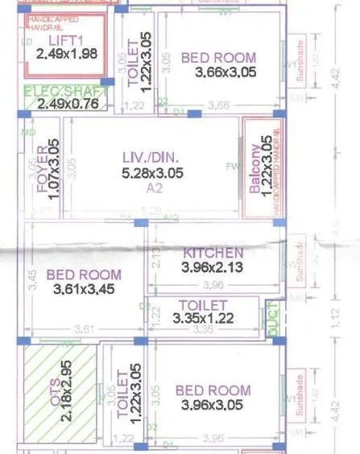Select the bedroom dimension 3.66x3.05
(x=218, y=72)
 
